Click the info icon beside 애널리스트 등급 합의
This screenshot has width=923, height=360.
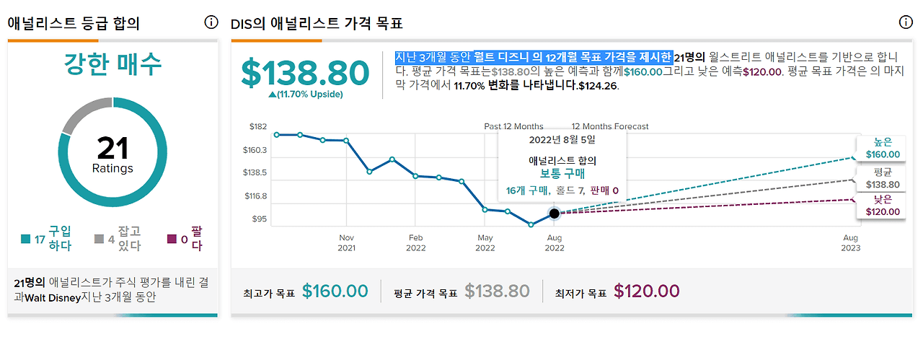tap(211, 22)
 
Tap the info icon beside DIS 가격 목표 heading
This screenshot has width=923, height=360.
tap(906, 22)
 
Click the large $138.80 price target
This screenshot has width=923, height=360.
tap(304, 73)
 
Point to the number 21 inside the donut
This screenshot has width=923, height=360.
tap(112, 149)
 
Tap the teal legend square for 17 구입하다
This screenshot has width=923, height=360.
tap(26, 240)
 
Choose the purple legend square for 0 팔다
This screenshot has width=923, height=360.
tap(172, 240)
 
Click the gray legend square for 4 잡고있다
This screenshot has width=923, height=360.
tap(99, 240)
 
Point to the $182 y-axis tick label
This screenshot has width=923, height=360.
tap(257, 127)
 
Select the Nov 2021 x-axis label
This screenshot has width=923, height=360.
tap(347, 242)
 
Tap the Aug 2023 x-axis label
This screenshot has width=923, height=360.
tap(851, 242)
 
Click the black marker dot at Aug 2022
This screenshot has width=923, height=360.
tap(554, 213)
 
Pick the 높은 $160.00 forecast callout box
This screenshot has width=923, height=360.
tap(883, 149)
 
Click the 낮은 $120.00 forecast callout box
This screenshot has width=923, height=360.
tap(883, 206)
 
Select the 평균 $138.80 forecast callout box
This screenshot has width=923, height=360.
tap(883, 178)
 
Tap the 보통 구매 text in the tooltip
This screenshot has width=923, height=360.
tap(562, 174)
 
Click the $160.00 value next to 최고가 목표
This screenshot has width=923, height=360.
tap(335, 291)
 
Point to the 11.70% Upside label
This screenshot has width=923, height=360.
tap(306, 95)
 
